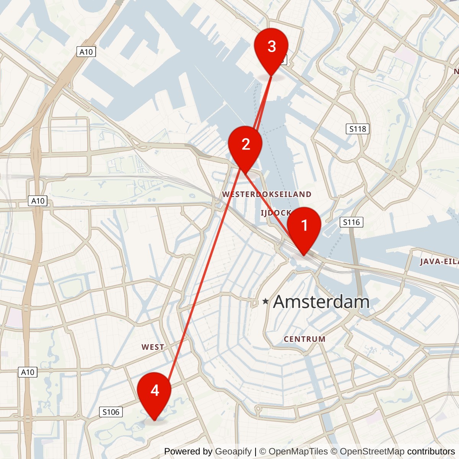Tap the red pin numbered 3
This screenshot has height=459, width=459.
[271, 47]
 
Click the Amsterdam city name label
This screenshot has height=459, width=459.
[321, 302]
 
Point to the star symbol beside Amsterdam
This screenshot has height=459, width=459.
[265, 302]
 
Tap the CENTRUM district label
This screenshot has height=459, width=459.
[304, 339]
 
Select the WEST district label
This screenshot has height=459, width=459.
[153, 347]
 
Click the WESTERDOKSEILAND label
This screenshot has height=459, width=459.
[267, 194]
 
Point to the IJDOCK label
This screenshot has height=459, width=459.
[275, 213]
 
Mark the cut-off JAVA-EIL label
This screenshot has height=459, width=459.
[439, 262]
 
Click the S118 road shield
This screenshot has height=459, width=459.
[358, 129]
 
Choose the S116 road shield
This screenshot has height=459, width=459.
[351, 222]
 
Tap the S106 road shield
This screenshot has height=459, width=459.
[111, 412]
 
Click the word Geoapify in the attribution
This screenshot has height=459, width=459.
[233, 451]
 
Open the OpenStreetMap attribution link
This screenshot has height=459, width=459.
[372, 451]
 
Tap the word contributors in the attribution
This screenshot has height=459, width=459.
[431, 451]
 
